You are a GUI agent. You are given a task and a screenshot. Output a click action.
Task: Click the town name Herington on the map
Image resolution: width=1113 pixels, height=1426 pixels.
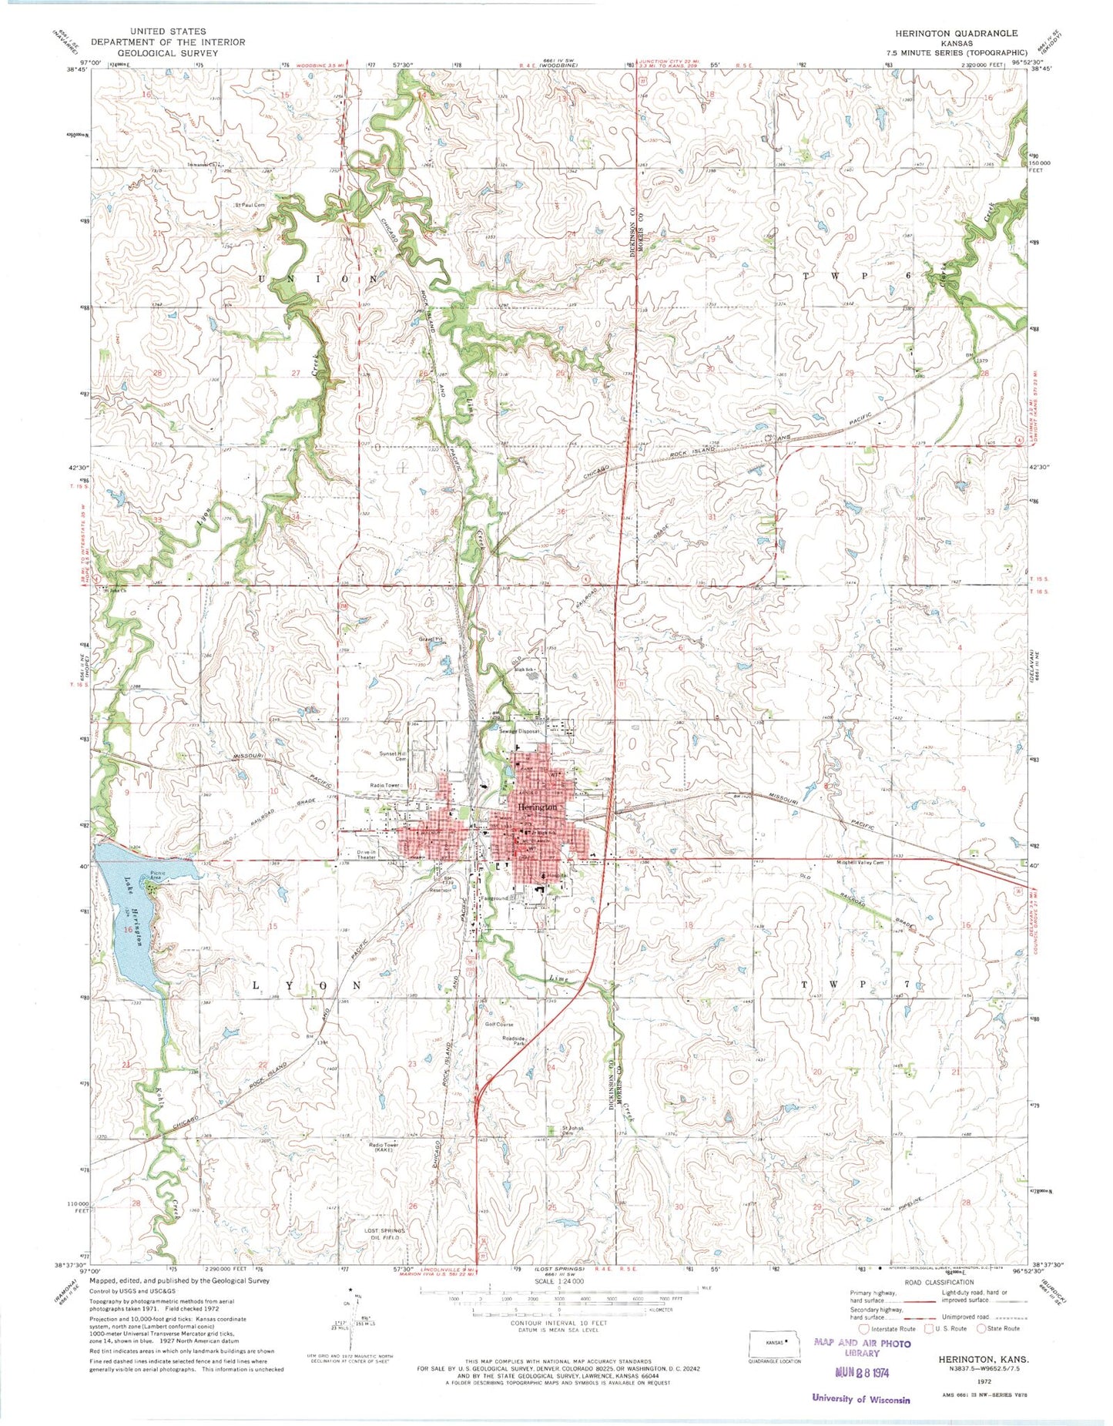point(538,806)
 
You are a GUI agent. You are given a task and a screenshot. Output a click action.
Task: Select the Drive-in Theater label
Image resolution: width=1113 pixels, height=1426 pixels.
point(369,854)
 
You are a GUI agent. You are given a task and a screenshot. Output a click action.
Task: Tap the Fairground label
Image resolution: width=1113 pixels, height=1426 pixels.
point(494,898)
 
